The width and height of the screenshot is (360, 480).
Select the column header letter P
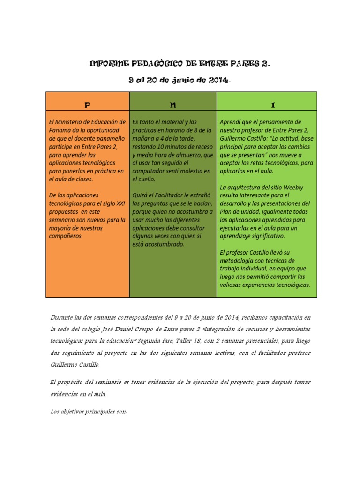coord(87,102)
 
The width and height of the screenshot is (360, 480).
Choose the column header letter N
coord(172,102)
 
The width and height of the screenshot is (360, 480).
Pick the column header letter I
coord(266,102)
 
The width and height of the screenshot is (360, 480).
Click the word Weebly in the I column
coord(293,187)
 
